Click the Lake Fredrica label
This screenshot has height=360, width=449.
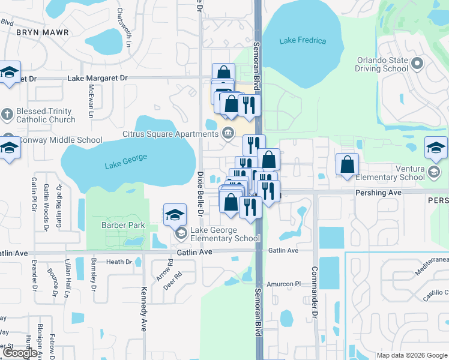pyautogui.click(x=303, y=41)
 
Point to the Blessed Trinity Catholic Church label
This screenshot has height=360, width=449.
pyautogui.click(x=46, y=115)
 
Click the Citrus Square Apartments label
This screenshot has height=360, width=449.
pyautogui.click(x=170, y=134)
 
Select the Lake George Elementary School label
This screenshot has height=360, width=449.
pyautogui.click(x=225, y=234)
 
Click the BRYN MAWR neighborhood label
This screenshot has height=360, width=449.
pyautogui.click(x=42, y=32)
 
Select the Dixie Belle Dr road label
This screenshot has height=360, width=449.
pyautogui.click(x=200, y=193)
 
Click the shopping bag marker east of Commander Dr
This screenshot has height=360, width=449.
pyautogui.click(x=347, y=164)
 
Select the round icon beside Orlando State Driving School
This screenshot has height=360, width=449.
pyautogui.click(x=417, y=62)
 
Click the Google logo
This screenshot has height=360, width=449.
pyautogui.click(x=20, y=353)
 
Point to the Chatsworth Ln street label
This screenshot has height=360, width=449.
pyautogui.click(x=120, y=23)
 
